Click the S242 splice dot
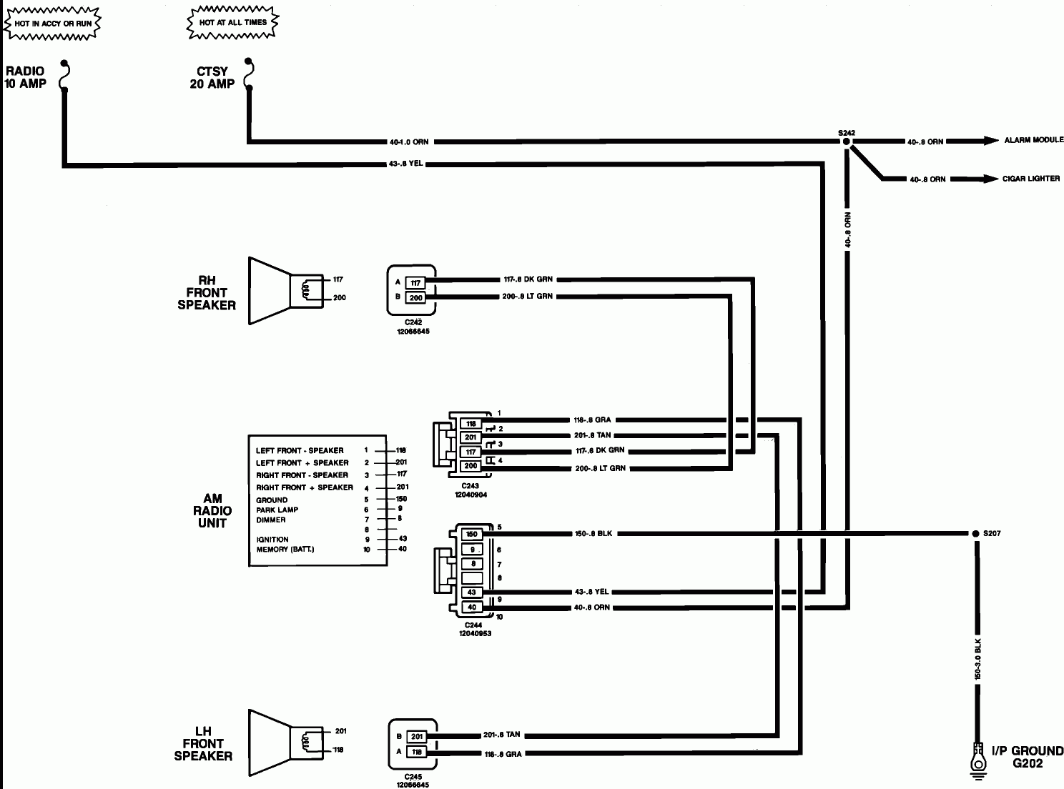pyautogui.click(x=846, y=142)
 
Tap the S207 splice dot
pyautogui.click(x=975, y=534)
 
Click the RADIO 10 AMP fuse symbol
pyautogui.click(x=65, y=76)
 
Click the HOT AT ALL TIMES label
pyautogui.click(x=233, y=23)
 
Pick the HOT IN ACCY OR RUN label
pyautogui.click(x=52, y=24)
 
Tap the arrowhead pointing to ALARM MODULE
pyautogui.click(x=990, y=141)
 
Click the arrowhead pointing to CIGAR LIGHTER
pyautogui.click(x=990, y=179)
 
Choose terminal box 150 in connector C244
pyautogui.click(x=471, y=535)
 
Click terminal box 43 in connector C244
pyautogui.click(x=471, y=592)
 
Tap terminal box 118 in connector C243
pyautogui.click(x=471, y=424)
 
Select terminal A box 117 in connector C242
pyautogui.click(x=416, y=283)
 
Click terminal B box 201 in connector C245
pyautogui.click(x=417, y=737)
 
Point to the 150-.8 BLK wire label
pyautogui.click(x=594, y=534)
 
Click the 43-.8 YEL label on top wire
pyautogui.click(x=405, y=164)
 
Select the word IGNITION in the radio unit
pyautogui.click(x=272, y=540)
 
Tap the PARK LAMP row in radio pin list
pyautogui.click(x=277, y=510)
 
